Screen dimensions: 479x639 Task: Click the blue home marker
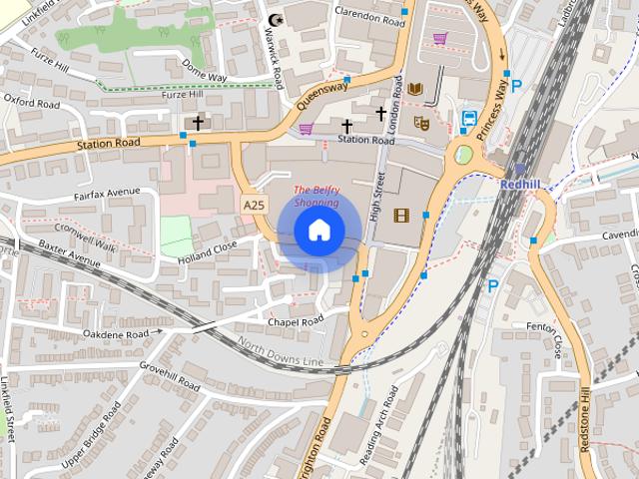pyautogui.click(x=319, y=231)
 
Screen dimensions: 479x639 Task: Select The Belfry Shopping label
pyautogui.click(x=316, y=196)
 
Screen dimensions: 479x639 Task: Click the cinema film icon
pyautogui.click(x=401, y=215)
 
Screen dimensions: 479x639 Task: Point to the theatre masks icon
pyautogui.click(x=421, y=123)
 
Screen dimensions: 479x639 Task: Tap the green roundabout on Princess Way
pyautogui.click(x=463, y=155)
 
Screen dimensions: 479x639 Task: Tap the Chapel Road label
pyautogui.click(x=296, y=321)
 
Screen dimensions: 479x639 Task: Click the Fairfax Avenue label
pyautogui.click(x=107, y=193)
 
